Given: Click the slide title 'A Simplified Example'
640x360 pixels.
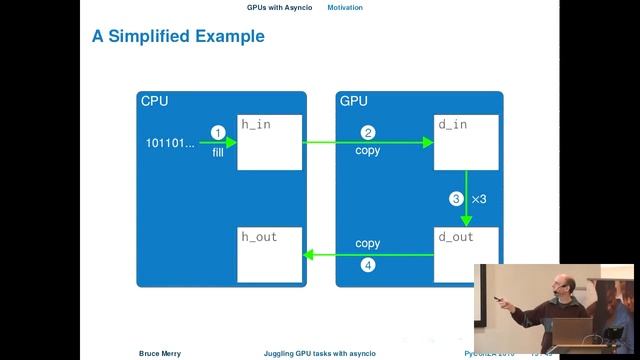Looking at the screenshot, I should click(178, 37).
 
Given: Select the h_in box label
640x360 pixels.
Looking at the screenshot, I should click(255, 124).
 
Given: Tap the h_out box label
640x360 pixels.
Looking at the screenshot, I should click(258, 237).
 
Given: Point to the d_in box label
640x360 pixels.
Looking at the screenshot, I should click(453, 124).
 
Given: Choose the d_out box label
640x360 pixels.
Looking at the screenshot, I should click(455, 237).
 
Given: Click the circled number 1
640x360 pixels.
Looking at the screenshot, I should click(217, 133).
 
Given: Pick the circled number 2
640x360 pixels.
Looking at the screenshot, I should click(368, 133).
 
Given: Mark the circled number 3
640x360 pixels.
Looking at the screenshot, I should click(456, 199).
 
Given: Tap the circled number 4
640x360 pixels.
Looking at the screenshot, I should click(368, 265).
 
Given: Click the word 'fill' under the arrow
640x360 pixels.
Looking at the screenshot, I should click(217, 152).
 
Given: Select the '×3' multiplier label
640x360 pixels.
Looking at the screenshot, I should click(478, 199).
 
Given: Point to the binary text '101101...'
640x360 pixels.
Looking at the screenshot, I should click(171, 142).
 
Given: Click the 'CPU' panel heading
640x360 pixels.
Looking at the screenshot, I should click(154, 101).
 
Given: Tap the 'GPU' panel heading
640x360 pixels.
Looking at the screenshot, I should click(354, 101).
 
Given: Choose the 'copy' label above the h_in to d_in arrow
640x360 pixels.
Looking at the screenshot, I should click(367, 152).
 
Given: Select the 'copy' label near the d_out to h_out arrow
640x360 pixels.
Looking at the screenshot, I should click(367, 244).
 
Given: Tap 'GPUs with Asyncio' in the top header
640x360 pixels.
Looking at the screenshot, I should click(279, 7).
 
